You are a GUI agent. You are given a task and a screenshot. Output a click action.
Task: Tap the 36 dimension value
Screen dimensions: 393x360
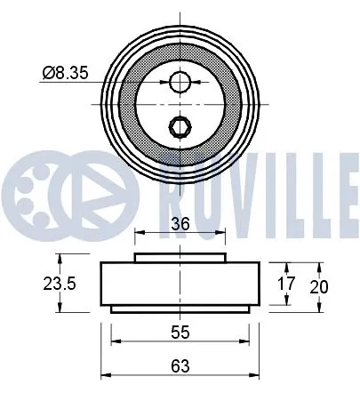coord(180,226)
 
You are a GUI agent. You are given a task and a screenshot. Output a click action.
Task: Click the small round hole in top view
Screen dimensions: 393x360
coord(180,82)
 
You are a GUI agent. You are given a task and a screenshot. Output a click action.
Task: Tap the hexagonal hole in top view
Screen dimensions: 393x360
coord(180,125)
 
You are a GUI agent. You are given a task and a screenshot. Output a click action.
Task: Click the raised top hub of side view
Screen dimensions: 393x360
coord(180,258)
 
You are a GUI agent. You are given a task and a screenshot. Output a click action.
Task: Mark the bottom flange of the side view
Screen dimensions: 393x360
coord(180,309)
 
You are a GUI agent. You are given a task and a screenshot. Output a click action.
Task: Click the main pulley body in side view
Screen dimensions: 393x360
coord(180,284)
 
